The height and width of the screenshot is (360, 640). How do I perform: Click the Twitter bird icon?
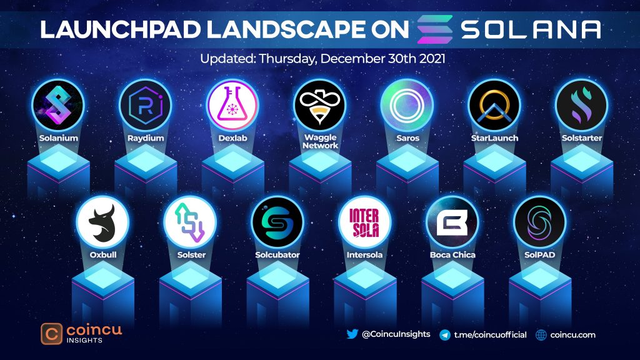(x=352, y=334)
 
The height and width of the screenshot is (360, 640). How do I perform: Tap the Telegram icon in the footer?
(x=445, y=334)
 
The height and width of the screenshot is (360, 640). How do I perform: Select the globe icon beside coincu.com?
(x=541, y=334)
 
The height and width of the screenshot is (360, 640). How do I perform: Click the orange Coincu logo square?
(x=51, y=334)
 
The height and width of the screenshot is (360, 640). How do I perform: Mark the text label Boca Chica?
(x=452, y=255)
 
